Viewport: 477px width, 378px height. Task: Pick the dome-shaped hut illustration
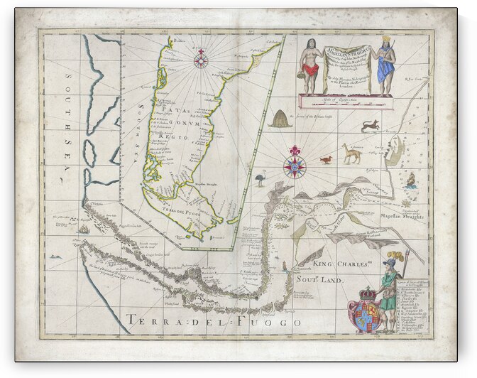(280, 118)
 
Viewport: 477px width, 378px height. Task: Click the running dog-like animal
(370, 126)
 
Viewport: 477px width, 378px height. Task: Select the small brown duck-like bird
(326, 159)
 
